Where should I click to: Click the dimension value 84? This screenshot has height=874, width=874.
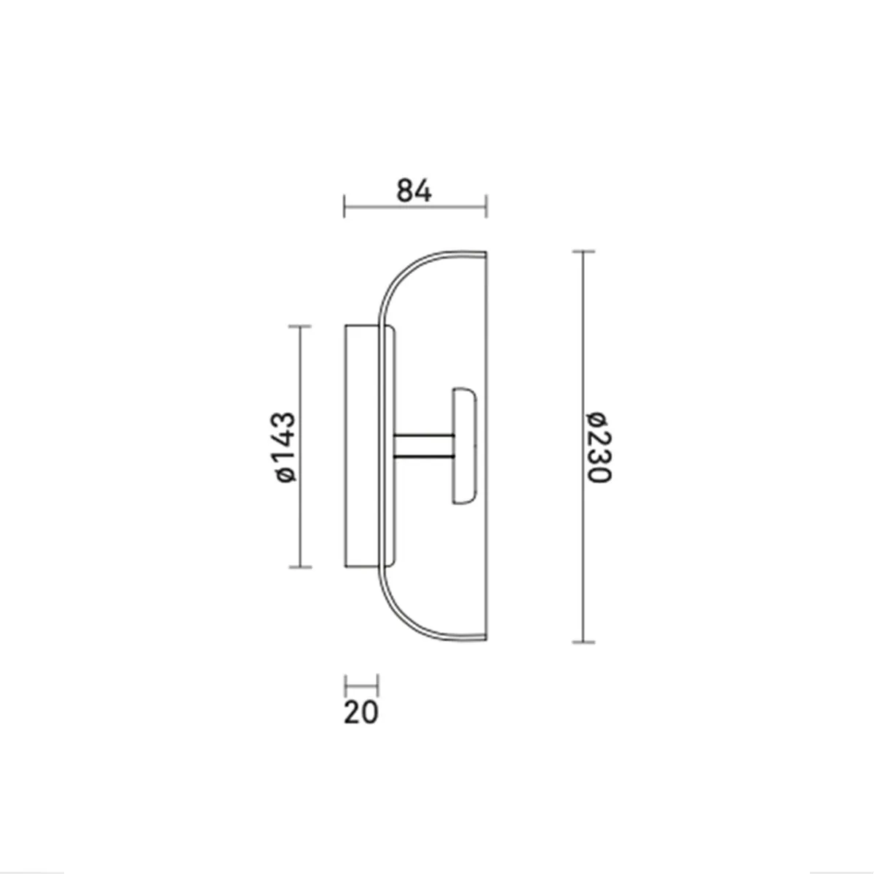point(414,191)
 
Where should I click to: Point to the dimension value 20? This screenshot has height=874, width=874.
point(361,712)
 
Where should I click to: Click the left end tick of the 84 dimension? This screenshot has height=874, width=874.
point(345,206)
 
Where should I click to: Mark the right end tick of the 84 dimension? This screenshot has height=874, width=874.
point(487,206)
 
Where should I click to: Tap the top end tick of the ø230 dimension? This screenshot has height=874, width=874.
point(583,251)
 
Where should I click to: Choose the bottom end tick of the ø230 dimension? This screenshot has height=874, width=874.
point(583,642)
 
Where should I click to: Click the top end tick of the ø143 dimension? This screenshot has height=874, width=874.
point(300,326)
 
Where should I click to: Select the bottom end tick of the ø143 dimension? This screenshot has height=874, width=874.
point(300,567)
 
